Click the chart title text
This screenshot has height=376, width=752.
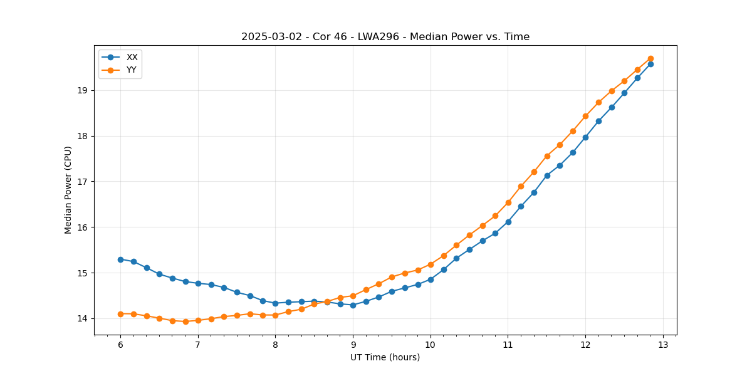pos(385,37)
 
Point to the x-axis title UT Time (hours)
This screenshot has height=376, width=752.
pos(385,357)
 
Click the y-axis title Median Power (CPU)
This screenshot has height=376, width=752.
pos(68,190)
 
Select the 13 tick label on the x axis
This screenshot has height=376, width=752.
pos(663,345)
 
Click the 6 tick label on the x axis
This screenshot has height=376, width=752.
pos(120,345)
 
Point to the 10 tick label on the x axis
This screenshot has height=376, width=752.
pos(431,345)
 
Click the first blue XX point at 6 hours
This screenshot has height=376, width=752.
pos(120,259)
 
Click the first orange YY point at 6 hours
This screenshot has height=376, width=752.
pos(120,314)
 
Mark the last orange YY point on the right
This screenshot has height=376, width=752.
pos(650,58)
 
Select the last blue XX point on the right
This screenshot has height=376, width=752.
pos(650,64)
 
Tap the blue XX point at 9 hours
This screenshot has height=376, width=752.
pos(353,305)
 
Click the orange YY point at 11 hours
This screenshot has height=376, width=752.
pos(508,202)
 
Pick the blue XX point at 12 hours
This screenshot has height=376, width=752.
pos(585,137)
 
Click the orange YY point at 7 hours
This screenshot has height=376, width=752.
pos(198,320)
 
